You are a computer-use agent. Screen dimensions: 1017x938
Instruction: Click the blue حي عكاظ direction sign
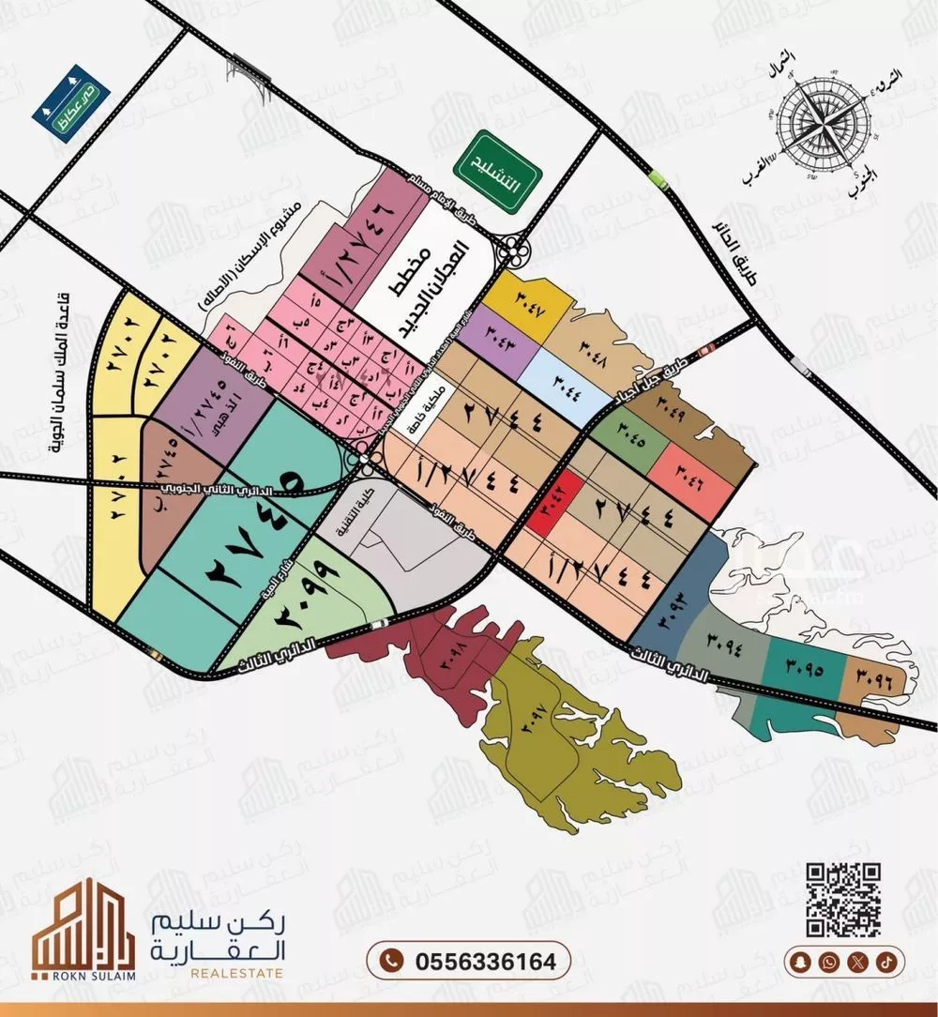pos(71,102)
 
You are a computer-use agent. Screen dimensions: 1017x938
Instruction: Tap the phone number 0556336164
pos(468,962)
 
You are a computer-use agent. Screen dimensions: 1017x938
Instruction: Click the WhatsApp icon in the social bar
pos(828,961)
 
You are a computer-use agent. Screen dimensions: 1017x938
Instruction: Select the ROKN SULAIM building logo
pos(71,929)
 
